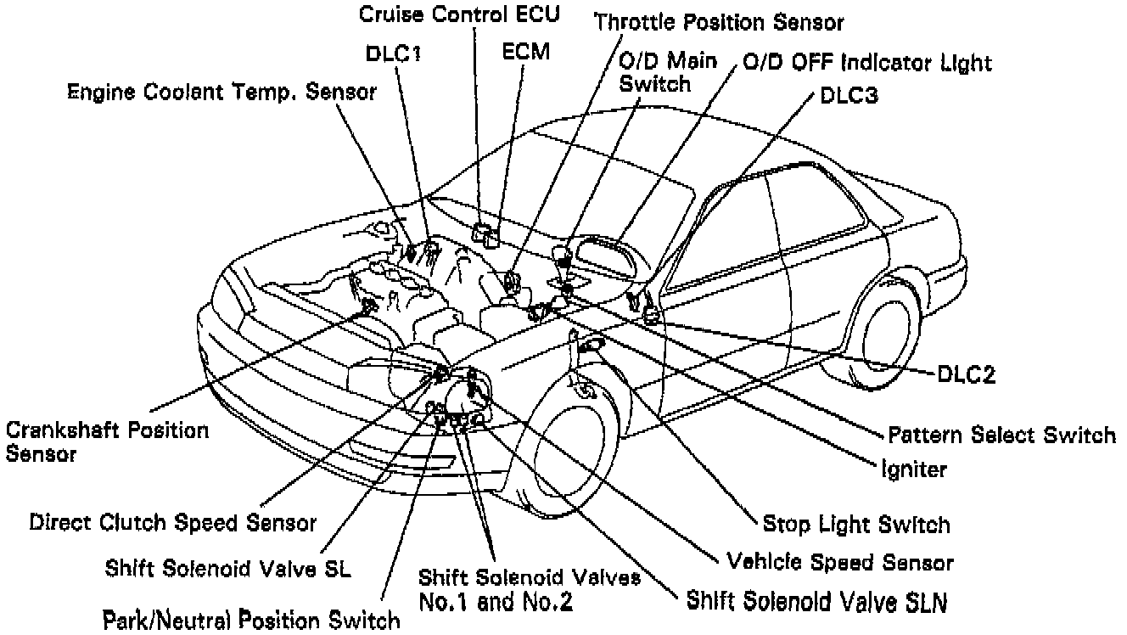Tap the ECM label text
[526, 51]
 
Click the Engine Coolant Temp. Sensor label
[222, 92]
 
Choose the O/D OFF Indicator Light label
[866, 62]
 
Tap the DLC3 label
[848, 96]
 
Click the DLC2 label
[966, 374]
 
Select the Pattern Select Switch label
[1001, 436]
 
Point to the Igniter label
[913, 468]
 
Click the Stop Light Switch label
[856, 524]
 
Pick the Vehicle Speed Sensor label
[840, 562]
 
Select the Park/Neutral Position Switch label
[251, 618]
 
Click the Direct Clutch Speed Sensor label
[173, 522]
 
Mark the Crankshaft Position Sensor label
[106, 441]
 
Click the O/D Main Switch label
[667, 71]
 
